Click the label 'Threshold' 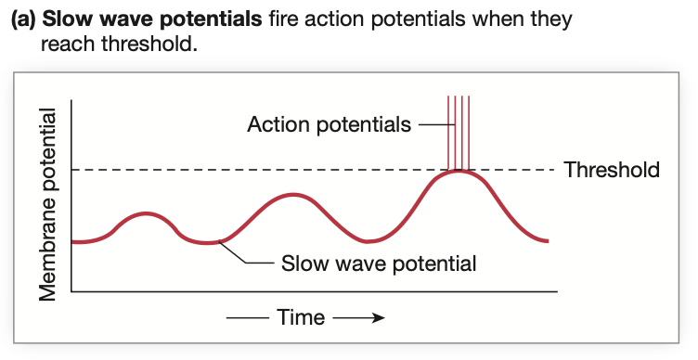(x=612, y=170)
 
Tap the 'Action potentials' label (x=330, y=123)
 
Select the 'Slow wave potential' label (x=379, y=264)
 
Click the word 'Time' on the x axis (x=301, y=318)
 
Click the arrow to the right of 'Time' (x=358, y=318)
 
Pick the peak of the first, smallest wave (x=145, y=213)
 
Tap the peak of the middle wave (x=293, y=195)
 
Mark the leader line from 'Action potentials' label (x=432, y=123)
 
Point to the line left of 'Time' (x=248, y=318)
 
